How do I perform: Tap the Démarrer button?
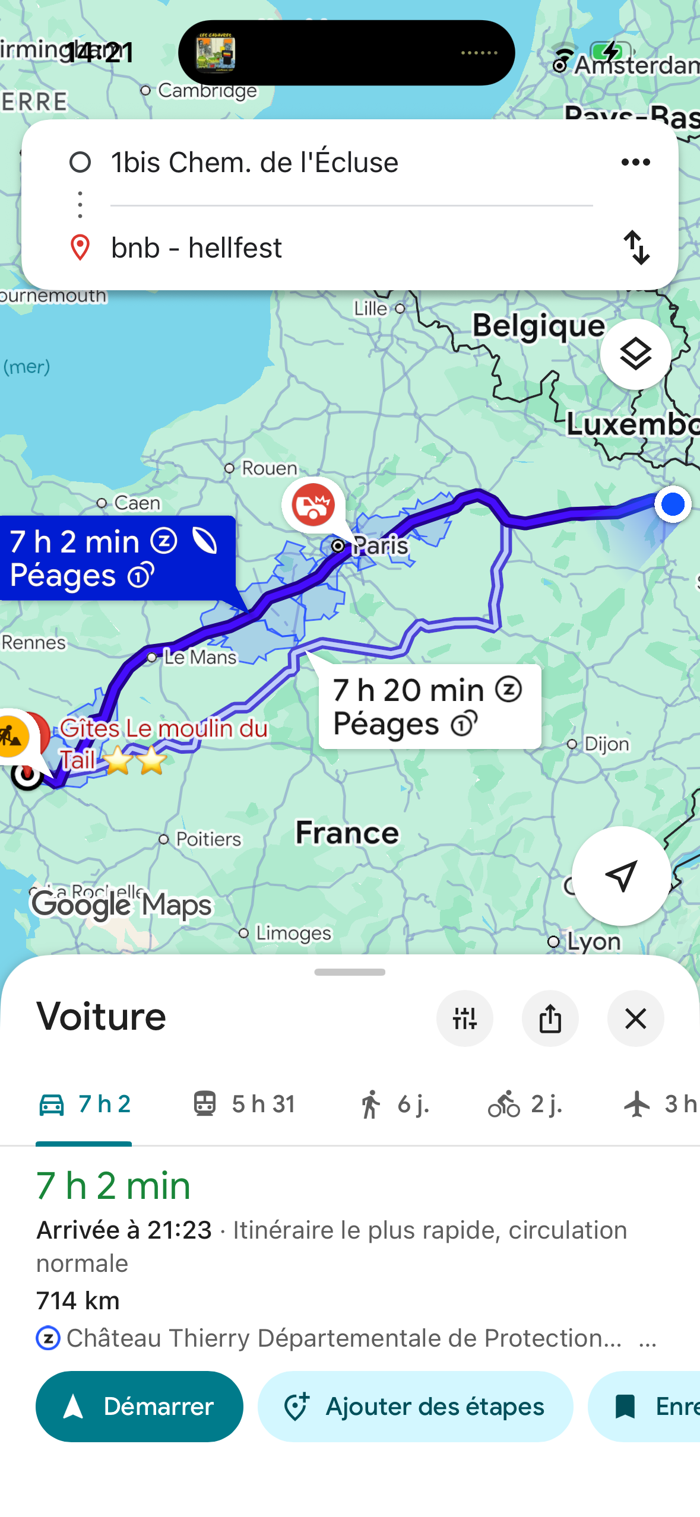pos(140,1406)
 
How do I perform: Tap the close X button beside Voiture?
pos(635,1018)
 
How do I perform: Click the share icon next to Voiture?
pos(550,1018)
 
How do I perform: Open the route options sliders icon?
pos(464,1018)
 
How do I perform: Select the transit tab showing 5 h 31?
pos(244,1104)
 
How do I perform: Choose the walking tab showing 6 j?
pos(394,1104)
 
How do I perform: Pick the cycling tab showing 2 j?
pos(525,1104)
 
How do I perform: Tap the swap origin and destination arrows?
pos(636,247)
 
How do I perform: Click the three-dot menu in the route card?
pos(635,162)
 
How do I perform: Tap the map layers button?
pos(635,354)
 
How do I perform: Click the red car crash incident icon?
pos(313,505)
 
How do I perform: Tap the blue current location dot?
pos(673,504)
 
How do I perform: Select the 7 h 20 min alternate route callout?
pos(429,706)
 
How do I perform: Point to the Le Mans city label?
pos(199,657)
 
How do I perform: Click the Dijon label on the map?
pos(606,744)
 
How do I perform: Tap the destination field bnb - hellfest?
pos(196,247)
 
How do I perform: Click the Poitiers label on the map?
pos(208,839)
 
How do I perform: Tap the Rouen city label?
pos(268,468)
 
